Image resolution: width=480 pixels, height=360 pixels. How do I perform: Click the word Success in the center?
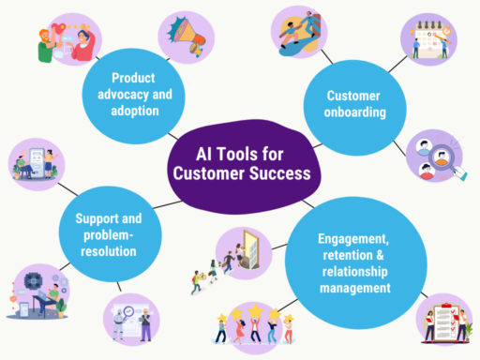click(x=277, y=174)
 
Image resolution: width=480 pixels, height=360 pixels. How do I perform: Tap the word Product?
click(x=133, y=77)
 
